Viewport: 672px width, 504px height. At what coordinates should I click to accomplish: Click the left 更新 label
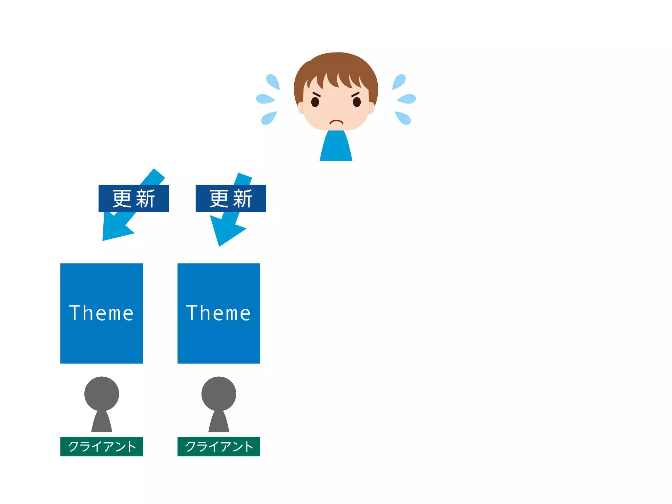[134, 198]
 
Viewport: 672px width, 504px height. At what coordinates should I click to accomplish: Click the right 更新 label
[231, 198]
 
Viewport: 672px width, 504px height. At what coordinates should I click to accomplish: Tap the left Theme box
[102, 313]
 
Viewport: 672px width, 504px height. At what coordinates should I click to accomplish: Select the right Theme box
[219, 313]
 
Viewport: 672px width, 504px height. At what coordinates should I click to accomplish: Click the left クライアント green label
[102, 446]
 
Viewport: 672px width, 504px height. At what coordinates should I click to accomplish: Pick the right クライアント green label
[219, 446]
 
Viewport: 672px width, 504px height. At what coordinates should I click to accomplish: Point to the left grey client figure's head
[102, 393]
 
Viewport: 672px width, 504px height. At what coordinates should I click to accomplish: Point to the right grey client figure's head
[219, 393]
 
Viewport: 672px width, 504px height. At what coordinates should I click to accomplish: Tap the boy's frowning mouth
[336, 122]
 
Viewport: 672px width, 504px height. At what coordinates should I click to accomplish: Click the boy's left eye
[315, 102]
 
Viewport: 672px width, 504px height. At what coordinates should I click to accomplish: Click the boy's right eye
[357, 102]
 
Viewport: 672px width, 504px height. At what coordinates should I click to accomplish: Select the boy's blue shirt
[336, 148]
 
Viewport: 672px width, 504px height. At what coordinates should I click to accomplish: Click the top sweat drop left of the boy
[273, 81]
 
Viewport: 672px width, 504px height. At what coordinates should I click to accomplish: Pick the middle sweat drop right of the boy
[407, 98]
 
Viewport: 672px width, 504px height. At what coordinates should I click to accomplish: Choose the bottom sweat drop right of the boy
[403, 118]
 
